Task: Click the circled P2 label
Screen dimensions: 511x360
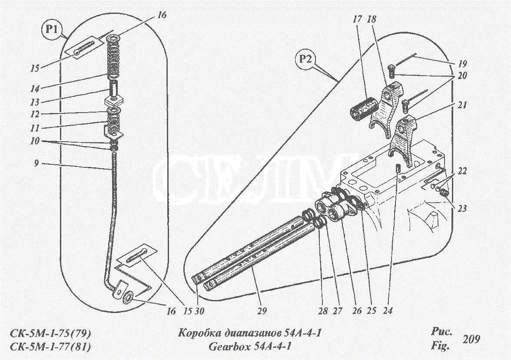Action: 305,59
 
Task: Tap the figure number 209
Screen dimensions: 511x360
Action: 471,339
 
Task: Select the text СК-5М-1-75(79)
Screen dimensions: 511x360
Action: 50,333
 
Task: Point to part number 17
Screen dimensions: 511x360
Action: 357,19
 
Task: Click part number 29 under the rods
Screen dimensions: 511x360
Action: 262,311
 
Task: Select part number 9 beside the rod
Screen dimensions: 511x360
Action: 36,163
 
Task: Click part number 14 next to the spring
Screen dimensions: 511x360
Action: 35,88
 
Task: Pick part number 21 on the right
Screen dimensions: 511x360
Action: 462,105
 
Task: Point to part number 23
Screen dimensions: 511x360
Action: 461,208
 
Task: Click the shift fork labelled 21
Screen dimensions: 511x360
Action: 404,140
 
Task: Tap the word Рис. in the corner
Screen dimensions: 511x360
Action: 441,332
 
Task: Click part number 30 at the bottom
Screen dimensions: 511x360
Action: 199,311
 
